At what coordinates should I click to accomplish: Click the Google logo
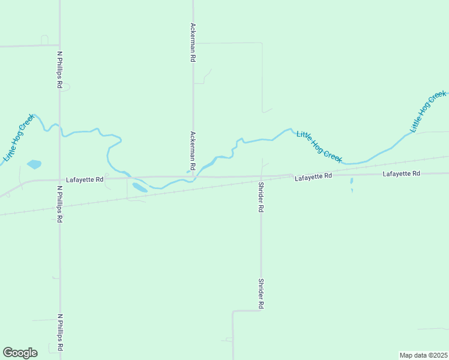[20, 352]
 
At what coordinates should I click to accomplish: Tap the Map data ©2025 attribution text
[423, 355]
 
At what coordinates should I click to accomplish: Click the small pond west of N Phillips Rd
[34, 164]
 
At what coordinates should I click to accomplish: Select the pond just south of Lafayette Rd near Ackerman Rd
[139, 187]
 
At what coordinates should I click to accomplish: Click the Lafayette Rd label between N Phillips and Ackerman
[85, 179]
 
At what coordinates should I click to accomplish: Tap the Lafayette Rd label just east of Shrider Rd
[313, 176]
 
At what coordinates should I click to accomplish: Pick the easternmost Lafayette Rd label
[401, 173]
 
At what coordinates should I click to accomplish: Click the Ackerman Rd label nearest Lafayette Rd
[193, 150]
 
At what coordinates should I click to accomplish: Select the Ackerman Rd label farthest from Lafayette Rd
[193, 43]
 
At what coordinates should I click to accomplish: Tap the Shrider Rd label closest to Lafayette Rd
[261, 197]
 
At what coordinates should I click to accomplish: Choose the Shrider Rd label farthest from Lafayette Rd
[261, 293]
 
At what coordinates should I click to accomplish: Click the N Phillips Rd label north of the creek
[59, 70]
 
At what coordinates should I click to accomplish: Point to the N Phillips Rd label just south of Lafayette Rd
[59, 204]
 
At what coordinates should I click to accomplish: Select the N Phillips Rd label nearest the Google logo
[59, 332]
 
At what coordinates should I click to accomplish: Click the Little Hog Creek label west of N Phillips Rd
[19, 138]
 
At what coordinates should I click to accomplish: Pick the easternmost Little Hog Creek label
[428, 112]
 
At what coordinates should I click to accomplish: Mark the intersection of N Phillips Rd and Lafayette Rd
[59, 179]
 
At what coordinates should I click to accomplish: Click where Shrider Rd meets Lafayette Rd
[261, 176]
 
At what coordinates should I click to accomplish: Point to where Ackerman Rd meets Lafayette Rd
[193, 177]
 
